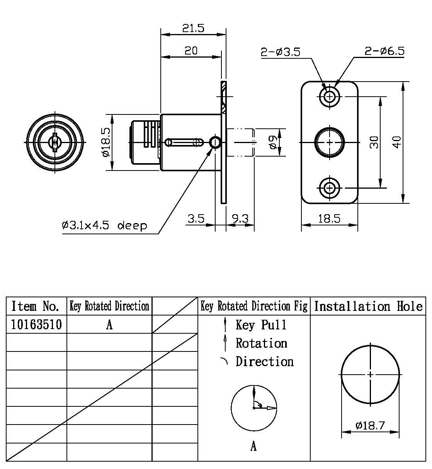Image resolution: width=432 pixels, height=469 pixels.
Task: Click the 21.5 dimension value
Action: click(x=193, y=28)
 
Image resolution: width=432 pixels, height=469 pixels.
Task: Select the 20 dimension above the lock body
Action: click(x=191, y=51)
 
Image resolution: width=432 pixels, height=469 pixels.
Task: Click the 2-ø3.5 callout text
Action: click(x=280, y=52)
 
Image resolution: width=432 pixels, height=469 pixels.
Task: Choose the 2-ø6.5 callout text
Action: click(x=384, y=51)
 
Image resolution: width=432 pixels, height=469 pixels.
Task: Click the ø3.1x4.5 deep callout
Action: click(x=104, y=226)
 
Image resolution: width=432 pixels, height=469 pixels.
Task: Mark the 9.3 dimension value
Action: click(x=240, y=219)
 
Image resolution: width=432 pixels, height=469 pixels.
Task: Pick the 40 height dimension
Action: click(x=397, y=142)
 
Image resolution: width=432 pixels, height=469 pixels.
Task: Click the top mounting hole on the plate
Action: click(x=330, y=96)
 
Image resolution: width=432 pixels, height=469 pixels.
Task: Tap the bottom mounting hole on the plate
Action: click(x=330, y=188)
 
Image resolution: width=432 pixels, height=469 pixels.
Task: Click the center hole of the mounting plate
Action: click(x=330, y=142)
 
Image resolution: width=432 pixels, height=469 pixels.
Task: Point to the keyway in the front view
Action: click(x=55, y=142)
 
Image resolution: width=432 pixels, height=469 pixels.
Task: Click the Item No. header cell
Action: click(x=36, y=306)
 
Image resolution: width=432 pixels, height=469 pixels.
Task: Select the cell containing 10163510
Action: click(x=36, y=324)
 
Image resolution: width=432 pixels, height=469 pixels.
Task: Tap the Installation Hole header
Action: click(x=368, y=306)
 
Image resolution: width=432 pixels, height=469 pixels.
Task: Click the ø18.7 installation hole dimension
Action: click(x=370, y=426)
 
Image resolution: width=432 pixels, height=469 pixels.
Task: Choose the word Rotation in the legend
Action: click(x=261, y=343)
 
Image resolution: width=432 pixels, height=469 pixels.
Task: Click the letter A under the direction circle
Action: click(x=253, y=447)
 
